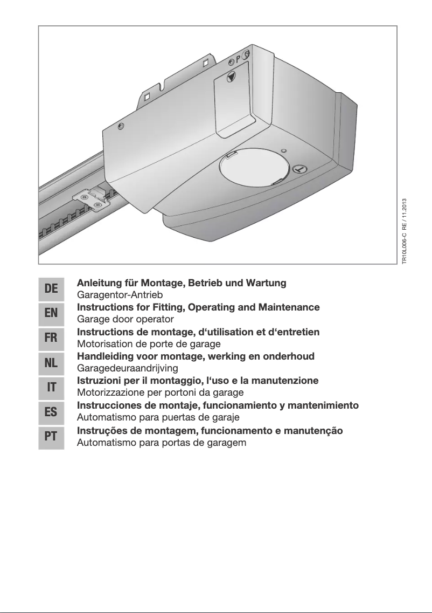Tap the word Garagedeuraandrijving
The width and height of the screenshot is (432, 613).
coord(128,368)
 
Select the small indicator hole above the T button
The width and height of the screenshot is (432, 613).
coord(284,151)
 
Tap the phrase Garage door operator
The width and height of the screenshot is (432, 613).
coord(126,319)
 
